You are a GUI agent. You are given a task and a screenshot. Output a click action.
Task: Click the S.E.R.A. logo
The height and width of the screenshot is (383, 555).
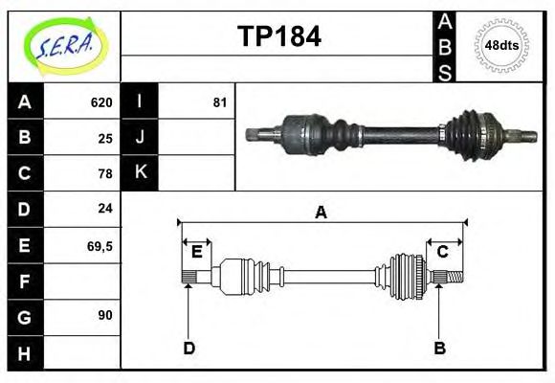(63, 46)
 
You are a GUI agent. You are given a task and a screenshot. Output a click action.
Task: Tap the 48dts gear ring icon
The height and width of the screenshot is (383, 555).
(501, 45)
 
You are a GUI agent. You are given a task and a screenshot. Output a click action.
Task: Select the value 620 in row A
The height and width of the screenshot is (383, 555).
(101, 102)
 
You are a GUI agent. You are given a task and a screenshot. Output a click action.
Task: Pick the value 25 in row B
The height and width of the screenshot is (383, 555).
(105, 138)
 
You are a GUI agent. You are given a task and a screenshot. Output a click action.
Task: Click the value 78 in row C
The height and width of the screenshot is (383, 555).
(105, 173)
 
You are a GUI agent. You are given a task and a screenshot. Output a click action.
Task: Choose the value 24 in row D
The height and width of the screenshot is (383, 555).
(105, 208)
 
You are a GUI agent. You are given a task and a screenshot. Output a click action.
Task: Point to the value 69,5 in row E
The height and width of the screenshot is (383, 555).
(100, 245)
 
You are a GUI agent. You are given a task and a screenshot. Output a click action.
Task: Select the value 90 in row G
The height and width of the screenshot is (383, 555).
(105, 315)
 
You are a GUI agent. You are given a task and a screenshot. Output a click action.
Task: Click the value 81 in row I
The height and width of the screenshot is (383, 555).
(219, 102)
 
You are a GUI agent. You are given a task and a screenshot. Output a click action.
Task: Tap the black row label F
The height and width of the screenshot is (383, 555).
(25, 281)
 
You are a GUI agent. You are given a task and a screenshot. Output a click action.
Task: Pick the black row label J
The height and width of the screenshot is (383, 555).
(140, 138)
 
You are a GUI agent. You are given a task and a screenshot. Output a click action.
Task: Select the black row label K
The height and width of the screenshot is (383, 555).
(140, 173)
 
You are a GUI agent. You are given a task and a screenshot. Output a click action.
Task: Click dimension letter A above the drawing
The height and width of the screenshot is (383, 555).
(321, 213)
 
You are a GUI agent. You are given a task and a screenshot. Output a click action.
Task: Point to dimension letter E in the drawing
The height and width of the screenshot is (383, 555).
(196, 252)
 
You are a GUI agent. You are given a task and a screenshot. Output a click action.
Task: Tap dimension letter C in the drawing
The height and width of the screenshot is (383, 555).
(443, 252)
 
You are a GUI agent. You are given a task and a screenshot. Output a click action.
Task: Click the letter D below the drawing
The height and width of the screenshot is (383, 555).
(189, 348)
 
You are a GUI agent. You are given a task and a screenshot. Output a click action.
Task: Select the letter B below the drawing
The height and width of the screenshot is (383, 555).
(439, 348)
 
